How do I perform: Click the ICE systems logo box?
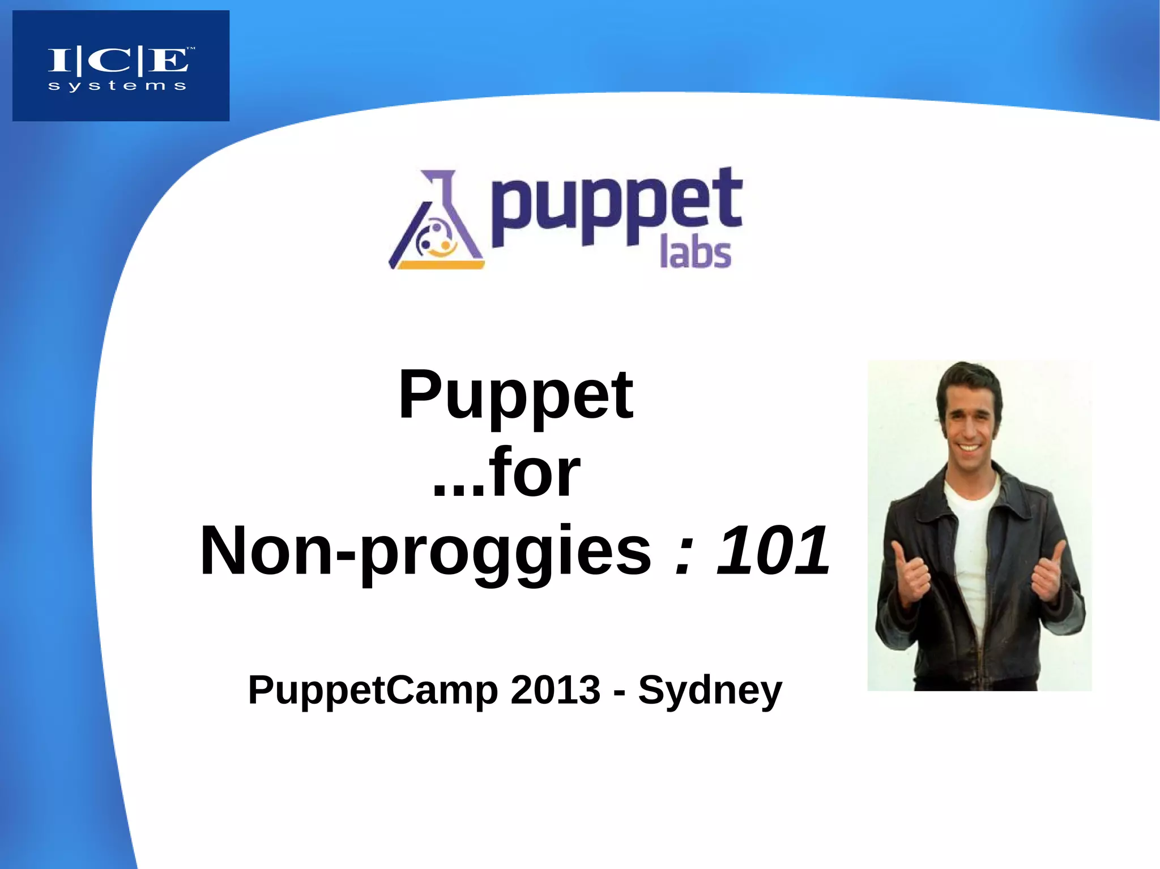121,65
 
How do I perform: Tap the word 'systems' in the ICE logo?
117,87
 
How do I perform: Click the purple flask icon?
437,221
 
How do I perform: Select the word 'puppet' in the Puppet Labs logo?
616,207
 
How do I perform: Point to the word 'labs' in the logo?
696,254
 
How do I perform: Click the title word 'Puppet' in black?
515,395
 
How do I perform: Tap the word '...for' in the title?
506,473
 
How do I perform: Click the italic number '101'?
774,550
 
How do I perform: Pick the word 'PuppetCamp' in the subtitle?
373,690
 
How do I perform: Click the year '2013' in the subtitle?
555,690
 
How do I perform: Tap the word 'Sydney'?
710,691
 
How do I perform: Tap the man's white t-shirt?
972,543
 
